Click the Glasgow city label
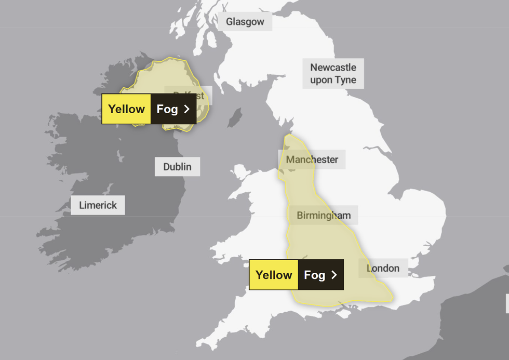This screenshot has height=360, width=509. pyautogui.click(x=245, y=22)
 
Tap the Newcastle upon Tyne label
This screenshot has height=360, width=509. pyautogui.click(x=333, y=74)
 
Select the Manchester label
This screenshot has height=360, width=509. pyautogui.click(x=312, y=159)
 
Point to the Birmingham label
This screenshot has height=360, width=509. pyautogui.click(x=323, y=215)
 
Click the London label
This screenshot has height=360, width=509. pyautogui.click(x=383, y=268)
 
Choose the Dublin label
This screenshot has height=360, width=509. pyautogui.click(x=177, y=167)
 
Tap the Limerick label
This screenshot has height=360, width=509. pyautogui.click(x=98, y=205)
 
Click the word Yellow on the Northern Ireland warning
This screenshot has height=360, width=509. pyautogui.click(x=126, y=109)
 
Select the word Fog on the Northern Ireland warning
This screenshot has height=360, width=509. pyautogui.click(x=167, y=109)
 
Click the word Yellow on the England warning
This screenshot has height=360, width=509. pyautogui.click(x=274, y=275)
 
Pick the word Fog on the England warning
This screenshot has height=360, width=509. pyautogui.click(x=314, y=275)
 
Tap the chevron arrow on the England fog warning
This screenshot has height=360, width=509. pyautogui.click(x=334, y=275)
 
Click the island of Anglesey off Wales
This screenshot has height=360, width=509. pyautogui.click(x=240, y=172)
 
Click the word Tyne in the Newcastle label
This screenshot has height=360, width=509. pyautogui.click(x=345, y=80)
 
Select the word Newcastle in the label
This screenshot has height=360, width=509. pyautogui.click(x=333, y=68)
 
